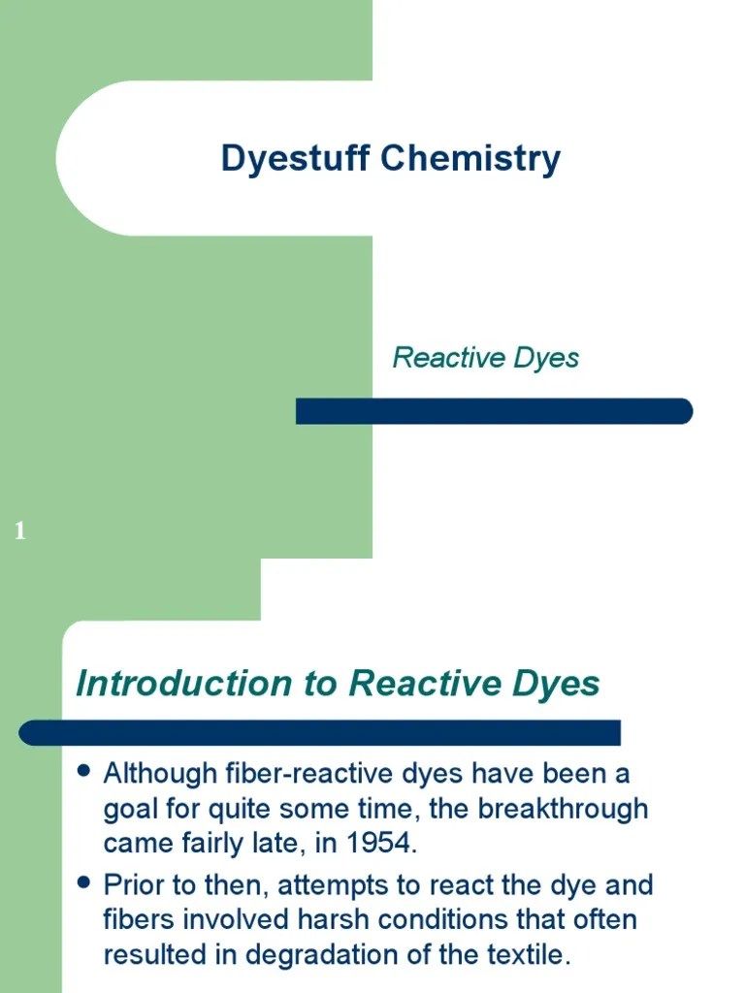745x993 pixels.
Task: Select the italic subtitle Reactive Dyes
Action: [x=485, y=358]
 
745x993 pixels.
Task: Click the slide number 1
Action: [x=20, y=530]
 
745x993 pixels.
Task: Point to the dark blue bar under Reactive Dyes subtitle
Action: [x=494, y=411]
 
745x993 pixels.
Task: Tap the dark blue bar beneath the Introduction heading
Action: [x=320, y=732]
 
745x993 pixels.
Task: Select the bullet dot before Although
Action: [x=84, y=772]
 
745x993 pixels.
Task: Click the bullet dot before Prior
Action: [x=84, y=882]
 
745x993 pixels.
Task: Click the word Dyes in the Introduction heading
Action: [x=556, y=684]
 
